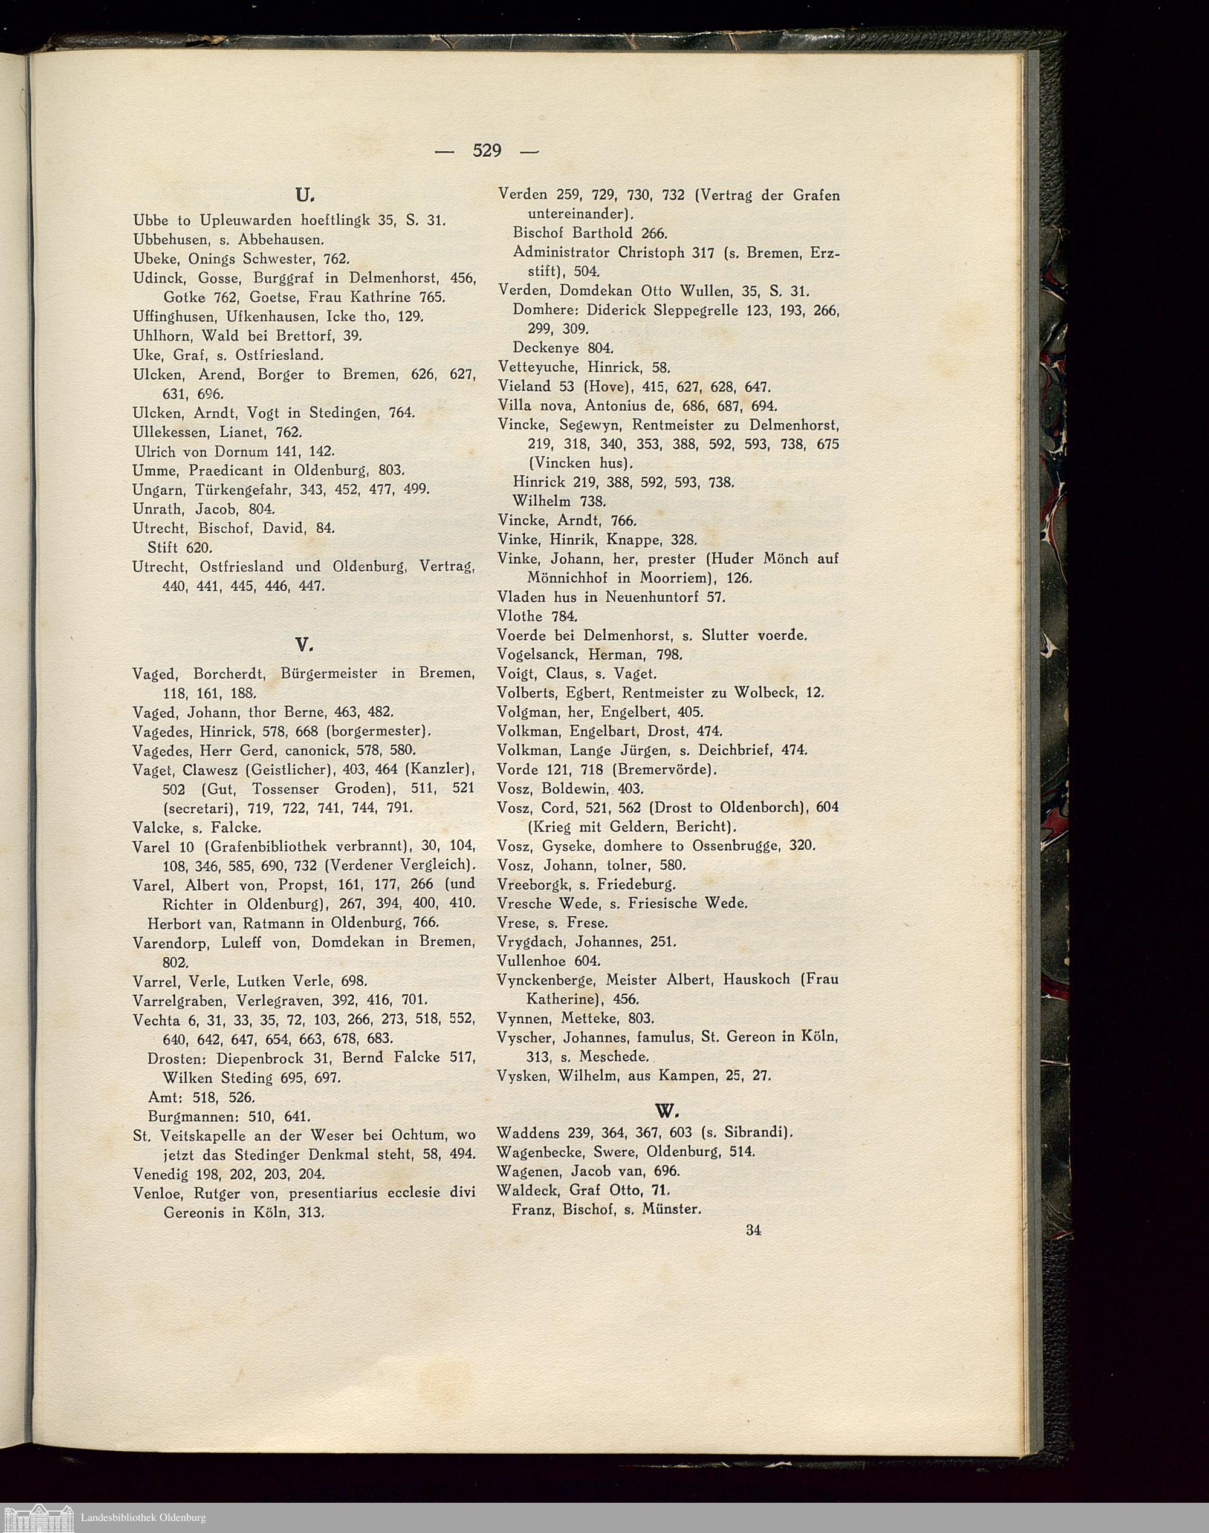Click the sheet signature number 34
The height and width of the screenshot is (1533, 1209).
(753, 1230)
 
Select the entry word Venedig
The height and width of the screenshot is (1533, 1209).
(160, 1174)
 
